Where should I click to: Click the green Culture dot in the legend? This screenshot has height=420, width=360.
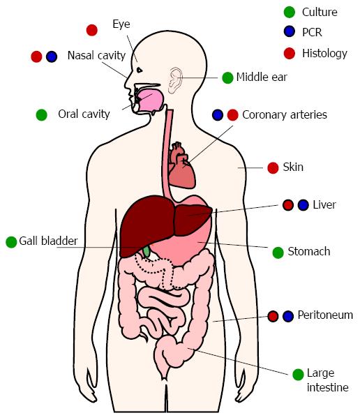click(x=290, y=12)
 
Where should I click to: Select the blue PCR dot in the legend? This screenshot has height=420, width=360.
click(x=290, y=31)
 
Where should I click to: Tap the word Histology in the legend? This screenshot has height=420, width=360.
click(x=324, y=54)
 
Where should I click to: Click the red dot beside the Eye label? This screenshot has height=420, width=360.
click(x=92, y=30)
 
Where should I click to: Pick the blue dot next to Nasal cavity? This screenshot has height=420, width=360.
click(x=52, y=57)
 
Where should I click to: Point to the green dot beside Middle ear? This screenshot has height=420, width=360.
click(x=227, y=77)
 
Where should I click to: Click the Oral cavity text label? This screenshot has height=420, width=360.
click(x=84, y=114)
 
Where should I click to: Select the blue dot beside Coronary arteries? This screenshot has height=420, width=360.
click(x=218, y=115)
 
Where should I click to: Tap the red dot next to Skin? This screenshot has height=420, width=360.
click(x=273, y=168)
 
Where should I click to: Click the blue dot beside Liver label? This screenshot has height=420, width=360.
click(x=303, y=205)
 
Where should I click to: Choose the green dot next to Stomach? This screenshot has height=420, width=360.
click(x=278, y=253)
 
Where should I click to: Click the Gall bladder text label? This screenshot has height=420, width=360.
click(x=48, y=241)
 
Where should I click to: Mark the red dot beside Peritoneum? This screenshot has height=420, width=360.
click(x=273, y=316)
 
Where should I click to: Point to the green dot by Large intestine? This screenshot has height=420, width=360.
click(x=298, y=375)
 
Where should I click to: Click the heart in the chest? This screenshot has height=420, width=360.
click(x=182, y=165)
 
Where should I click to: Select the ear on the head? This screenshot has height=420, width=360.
click(x=175, y=80)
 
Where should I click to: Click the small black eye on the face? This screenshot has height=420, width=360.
click(x=140, y=70)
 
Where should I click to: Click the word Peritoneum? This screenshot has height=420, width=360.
click(x=325, y=315)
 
